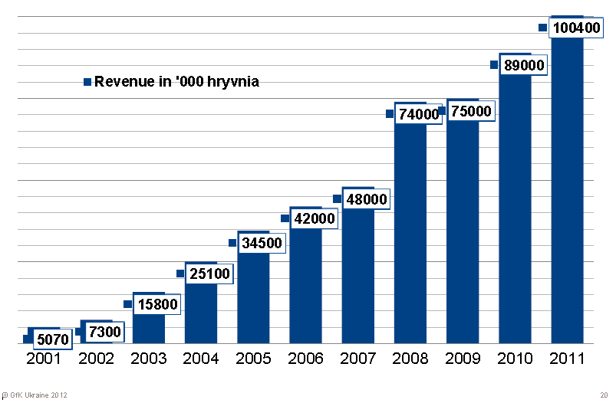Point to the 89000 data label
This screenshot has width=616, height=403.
524,66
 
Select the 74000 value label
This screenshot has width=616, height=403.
418,114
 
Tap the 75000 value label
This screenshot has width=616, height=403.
471,111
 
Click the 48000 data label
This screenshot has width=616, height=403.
366,199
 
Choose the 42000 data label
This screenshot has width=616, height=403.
314,219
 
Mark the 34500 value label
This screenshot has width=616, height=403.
262,244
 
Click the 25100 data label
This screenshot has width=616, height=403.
209,274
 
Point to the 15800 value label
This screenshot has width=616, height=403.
156,304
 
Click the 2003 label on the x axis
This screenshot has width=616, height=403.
148,359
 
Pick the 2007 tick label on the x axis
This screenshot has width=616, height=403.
357,359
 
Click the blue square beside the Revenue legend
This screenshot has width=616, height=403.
87,81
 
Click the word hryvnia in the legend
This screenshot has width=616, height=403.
232,81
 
